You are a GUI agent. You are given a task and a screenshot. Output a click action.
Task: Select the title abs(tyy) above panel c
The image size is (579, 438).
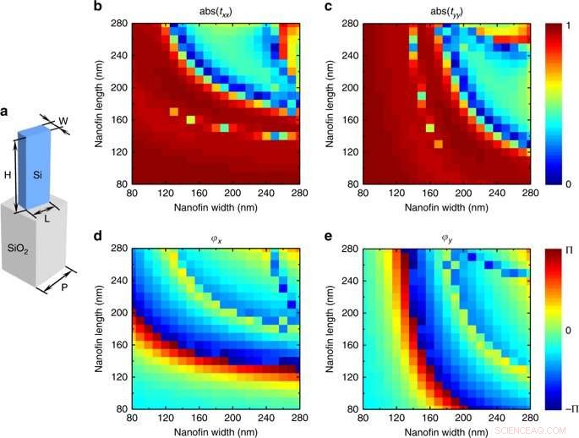[445, 11]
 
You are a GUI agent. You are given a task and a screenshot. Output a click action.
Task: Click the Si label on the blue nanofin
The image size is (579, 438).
[38, 175]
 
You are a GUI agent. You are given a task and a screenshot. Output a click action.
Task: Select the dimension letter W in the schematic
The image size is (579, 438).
[63, 122]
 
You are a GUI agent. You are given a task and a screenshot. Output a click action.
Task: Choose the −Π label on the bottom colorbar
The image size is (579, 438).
[571, 408]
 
